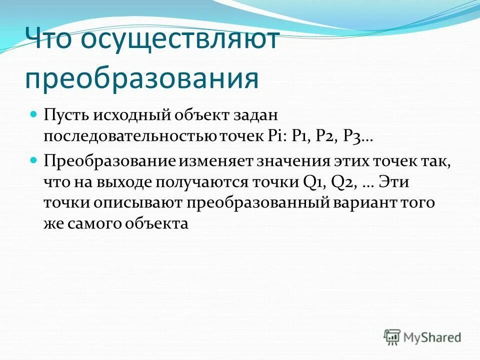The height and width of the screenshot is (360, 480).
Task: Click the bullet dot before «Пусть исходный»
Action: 34,114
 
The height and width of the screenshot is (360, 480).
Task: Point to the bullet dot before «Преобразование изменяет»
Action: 34,161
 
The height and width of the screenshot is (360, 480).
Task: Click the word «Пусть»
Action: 65,115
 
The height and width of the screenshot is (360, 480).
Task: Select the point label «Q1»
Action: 313,182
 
